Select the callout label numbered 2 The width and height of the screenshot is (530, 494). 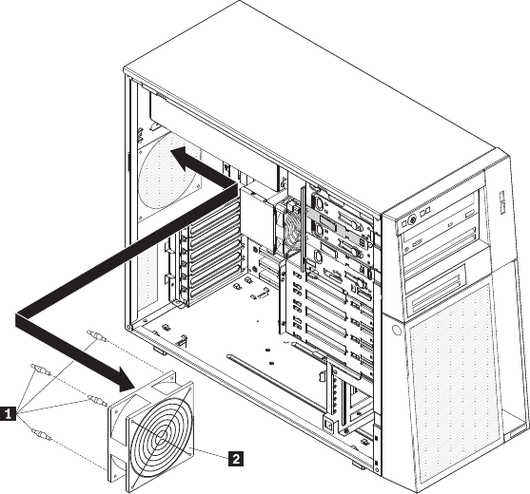[x=236, y=459]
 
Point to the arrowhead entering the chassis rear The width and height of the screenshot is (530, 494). [x=186, y=158]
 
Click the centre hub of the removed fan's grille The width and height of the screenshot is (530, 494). [x=161, y=439]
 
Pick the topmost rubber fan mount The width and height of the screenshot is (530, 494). [x=97, y=335]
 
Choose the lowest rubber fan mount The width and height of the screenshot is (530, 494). [x=41, y=434]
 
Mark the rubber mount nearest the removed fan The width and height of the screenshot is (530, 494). [x=97, y=400]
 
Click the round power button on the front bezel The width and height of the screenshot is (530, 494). [x=412, y=219]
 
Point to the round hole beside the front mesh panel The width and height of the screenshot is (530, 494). [x=397, y=330]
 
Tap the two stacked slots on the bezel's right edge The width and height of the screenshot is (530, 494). [x=502, y=202]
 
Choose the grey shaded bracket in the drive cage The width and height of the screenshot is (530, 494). [x=338, y=227]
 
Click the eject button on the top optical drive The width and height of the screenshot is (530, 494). [x=470, y=215]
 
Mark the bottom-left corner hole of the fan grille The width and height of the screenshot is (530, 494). [x=132, y=486]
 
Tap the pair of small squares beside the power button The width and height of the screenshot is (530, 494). [x=425, y=212]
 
